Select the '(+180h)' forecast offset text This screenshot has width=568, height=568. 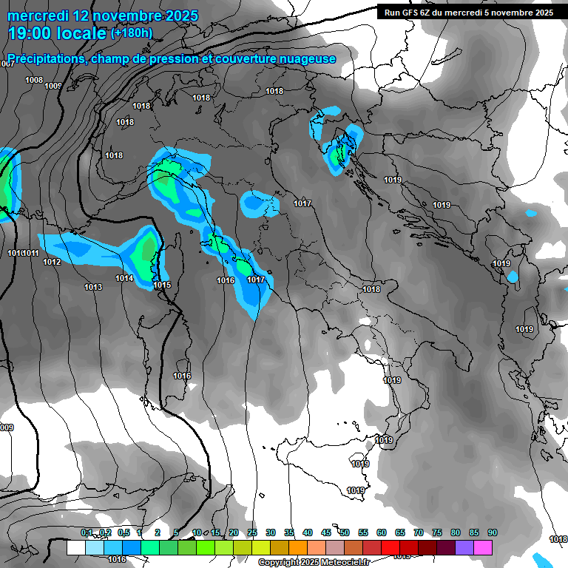pos(132,33)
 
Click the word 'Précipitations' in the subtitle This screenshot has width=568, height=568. pos(44,59)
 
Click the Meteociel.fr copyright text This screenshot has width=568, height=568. pos(315,562)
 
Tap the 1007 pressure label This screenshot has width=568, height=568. pos(7,64)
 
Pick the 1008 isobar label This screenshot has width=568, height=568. pos(34,80)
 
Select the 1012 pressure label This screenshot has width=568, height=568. pos(52,262)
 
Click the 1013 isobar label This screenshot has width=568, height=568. pos(93,287)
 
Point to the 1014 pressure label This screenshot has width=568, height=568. pos(124,278)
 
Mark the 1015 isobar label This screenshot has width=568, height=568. pos(162,285)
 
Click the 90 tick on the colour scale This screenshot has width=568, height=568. pos(492,532)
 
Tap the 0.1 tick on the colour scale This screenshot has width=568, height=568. pos(87,532)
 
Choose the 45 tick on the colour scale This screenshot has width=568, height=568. pos(326,532)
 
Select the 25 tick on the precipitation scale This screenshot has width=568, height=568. pos(252,532)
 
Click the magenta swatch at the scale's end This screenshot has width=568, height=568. pos(483,547)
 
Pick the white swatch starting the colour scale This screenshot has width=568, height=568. pos(75,547)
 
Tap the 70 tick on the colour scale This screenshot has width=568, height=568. pos(419,532)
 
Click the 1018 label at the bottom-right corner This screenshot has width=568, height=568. pos(558,539)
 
